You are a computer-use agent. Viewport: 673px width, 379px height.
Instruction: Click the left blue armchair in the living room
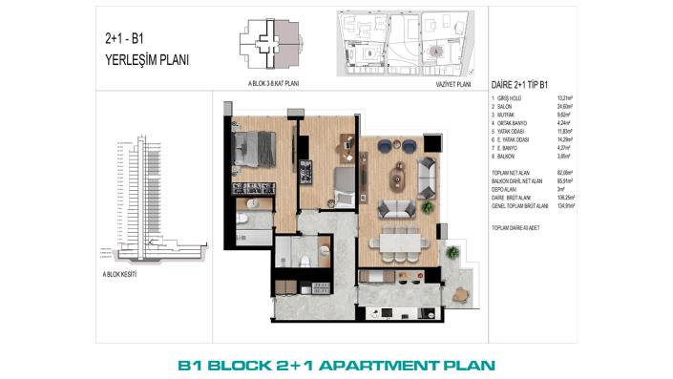click(385, 145)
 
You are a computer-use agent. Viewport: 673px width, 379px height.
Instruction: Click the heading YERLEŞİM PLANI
click(146, 59)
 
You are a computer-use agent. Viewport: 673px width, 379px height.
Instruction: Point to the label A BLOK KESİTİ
click(120, 273)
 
